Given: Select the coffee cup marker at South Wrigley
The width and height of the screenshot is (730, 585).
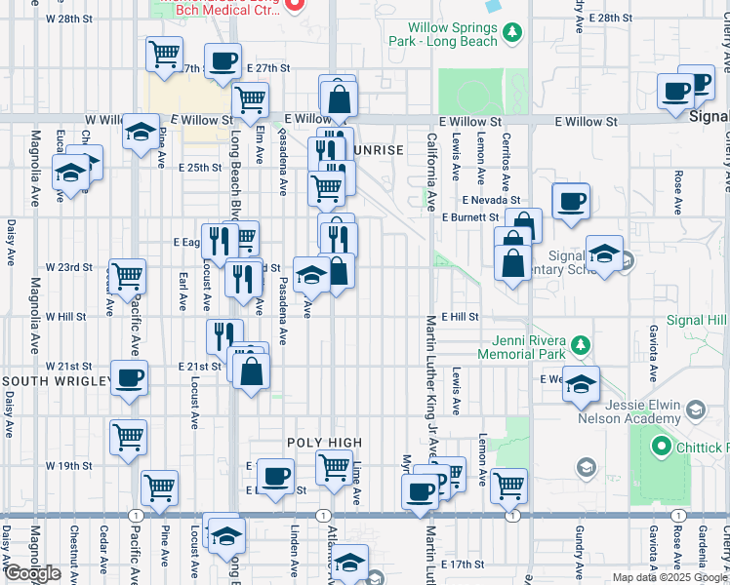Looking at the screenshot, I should pos(129,376).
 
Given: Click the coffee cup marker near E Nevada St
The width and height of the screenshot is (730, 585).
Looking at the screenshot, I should pos(571,201).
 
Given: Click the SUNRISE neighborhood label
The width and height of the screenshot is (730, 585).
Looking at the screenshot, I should pos(376,150).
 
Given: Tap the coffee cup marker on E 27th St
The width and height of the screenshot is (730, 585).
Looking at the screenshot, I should pos(223,60).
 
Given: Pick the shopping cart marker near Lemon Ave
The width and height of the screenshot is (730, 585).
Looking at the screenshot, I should pos(508,484).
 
